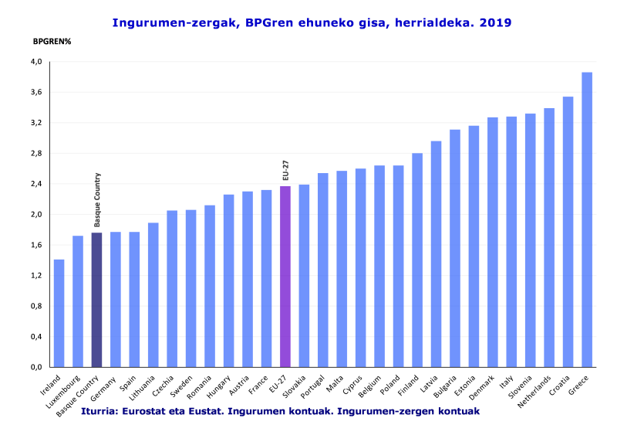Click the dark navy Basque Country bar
(97, 300)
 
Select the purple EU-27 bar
(285, 276)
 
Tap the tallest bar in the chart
(587, 219)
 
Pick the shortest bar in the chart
(59, 313)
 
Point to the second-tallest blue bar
(568, 231)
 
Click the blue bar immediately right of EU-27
(304, 276)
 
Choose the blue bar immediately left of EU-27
(266, 278)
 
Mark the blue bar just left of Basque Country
(78, 301)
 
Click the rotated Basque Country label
(98, 199)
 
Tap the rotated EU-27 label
(285, 170)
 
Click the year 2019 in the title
(495, 23)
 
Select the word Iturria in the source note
(99, 412)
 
